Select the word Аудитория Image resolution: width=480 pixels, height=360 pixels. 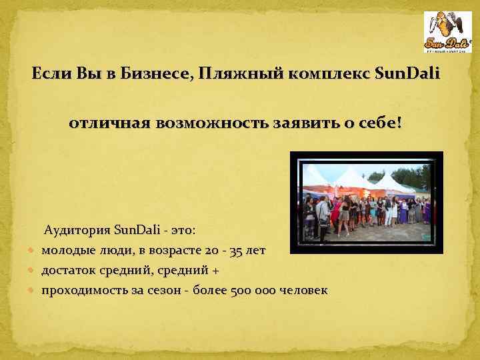click(x=76, y=231)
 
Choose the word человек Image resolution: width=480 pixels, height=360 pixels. click(x=303, y=291)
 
